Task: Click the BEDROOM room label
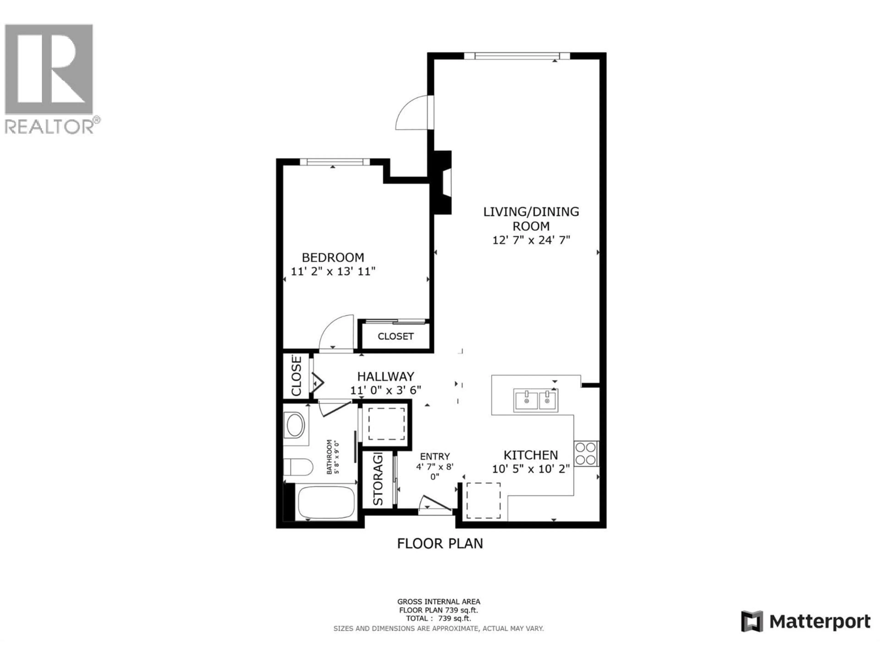pyautogui.click(x=333, y=257)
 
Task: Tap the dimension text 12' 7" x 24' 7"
pyautogui.click(x=531, y=240)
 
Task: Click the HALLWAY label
pyautogui.click(x=385, y=376)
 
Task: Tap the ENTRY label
pyautogui.click(x=435, y=456)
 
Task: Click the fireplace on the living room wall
pyautogui.click(x=442, y=183)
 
